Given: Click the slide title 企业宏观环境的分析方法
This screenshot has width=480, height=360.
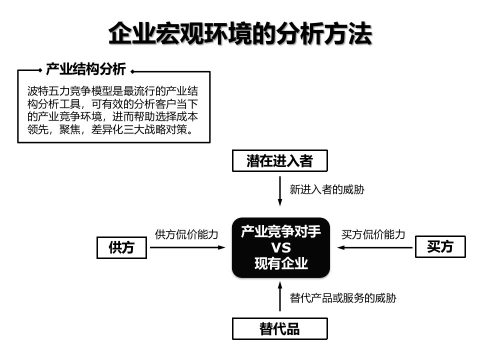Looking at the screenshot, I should click(240, 33).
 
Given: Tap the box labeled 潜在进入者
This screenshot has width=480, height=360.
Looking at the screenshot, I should click(279, 161).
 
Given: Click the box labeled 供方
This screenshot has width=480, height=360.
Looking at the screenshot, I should click(121, 247).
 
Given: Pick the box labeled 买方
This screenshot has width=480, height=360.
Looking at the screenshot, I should click(440, 247).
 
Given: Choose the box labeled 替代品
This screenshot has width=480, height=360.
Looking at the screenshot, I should click(279, 328).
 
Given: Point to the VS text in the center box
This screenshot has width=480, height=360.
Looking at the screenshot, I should click(280, 248).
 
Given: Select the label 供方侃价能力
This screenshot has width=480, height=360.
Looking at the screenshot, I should click(186, 234).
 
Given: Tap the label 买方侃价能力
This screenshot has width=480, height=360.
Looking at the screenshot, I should click(372, 234).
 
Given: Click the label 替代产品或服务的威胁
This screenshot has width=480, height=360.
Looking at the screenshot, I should click(343, 298).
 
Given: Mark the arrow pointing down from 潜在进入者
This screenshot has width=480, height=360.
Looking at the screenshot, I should click(280, 192).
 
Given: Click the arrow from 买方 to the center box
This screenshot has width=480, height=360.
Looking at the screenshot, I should click(372, 247).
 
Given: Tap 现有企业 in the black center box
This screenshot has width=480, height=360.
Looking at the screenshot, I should click(280, 263).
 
